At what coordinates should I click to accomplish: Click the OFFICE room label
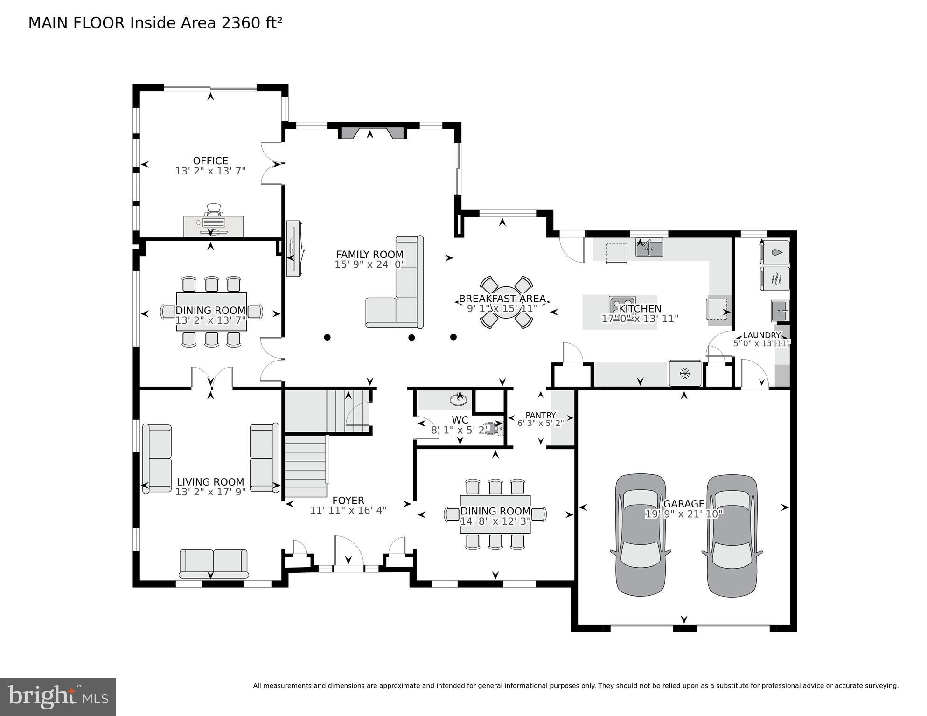(x=210, y=161)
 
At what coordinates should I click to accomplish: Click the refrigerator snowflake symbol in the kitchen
(x=685, y=373)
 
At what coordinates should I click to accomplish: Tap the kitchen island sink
(x=622, y=304)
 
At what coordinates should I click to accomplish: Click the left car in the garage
(x=640, y=535)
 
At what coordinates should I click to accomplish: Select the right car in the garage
(x=732, y=535)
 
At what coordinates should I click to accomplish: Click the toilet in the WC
(x=495, y=428)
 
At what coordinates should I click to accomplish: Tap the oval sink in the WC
(x=458, y=400)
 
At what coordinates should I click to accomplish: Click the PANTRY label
(x=541, y=415)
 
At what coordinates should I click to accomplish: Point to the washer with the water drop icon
(x=775, y=252)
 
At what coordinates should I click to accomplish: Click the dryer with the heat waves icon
(x=775, y=279)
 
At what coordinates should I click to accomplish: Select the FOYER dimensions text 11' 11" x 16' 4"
(x=348, y=510)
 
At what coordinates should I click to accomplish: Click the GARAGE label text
(x=683, y=504)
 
